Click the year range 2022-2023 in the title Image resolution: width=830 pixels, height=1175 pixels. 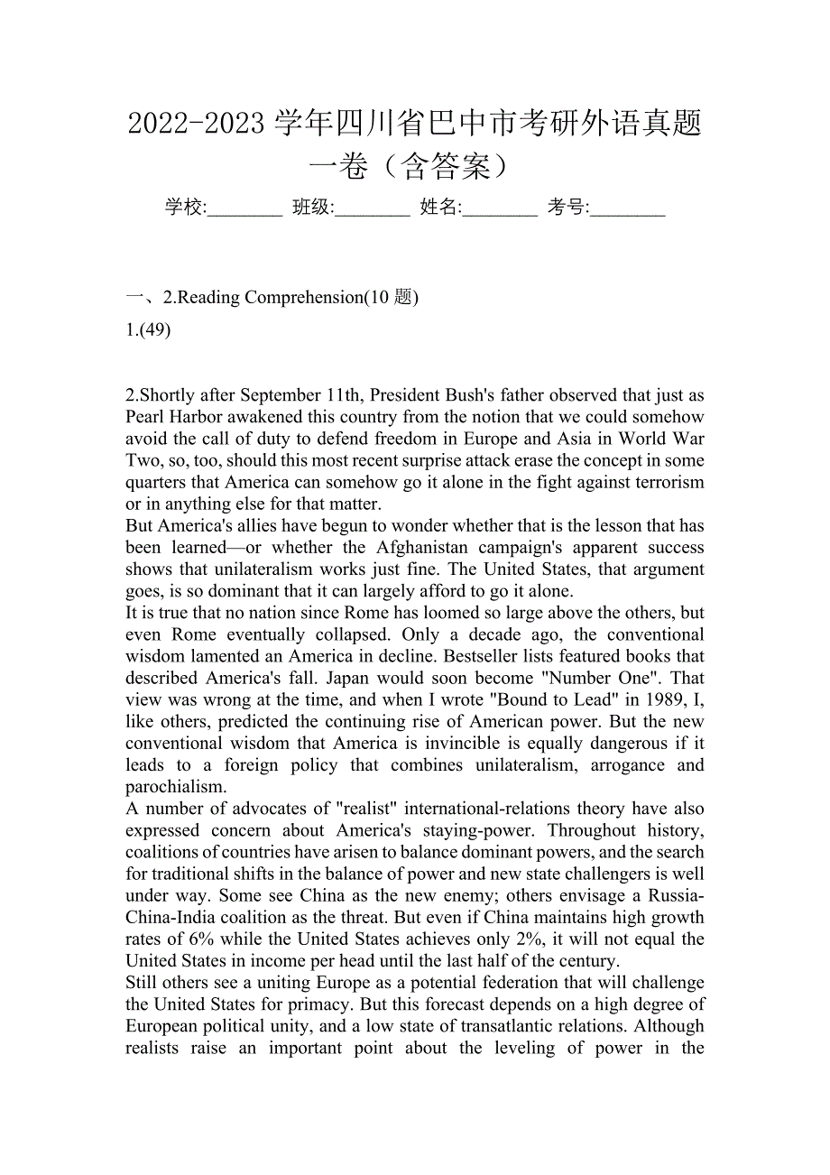pyautogui.click(x=196, y=124)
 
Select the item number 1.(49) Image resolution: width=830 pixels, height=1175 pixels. pyautogui.click(x=149, y=329)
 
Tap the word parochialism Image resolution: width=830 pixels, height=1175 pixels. pyautogui.click(x=175, y=787)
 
